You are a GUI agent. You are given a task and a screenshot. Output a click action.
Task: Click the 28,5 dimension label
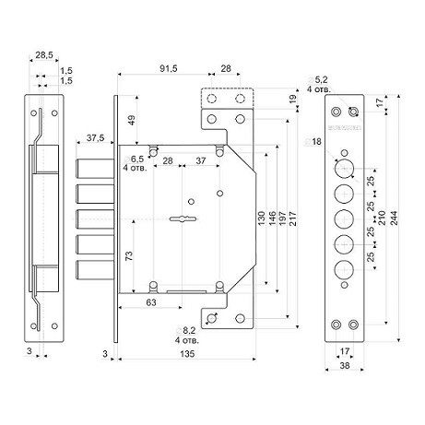point(44,55)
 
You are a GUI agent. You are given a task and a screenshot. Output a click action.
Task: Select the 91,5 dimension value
point(169,68)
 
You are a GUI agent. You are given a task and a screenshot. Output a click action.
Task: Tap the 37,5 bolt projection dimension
point(95,138)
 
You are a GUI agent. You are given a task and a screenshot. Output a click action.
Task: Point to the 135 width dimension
point(187,354)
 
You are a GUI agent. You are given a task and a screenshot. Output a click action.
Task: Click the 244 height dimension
point(394,218)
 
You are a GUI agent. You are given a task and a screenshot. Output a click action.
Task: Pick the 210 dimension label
point(382,218)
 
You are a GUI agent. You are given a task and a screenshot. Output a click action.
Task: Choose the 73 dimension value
point(130,255)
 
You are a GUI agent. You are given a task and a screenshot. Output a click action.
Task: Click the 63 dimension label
point(151,302)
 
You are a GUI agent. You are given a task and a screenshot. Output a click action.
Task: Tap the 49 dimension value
point(132,120)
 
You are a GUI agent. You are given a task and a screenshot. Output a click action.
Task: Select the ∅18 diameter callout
point(313,141)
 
